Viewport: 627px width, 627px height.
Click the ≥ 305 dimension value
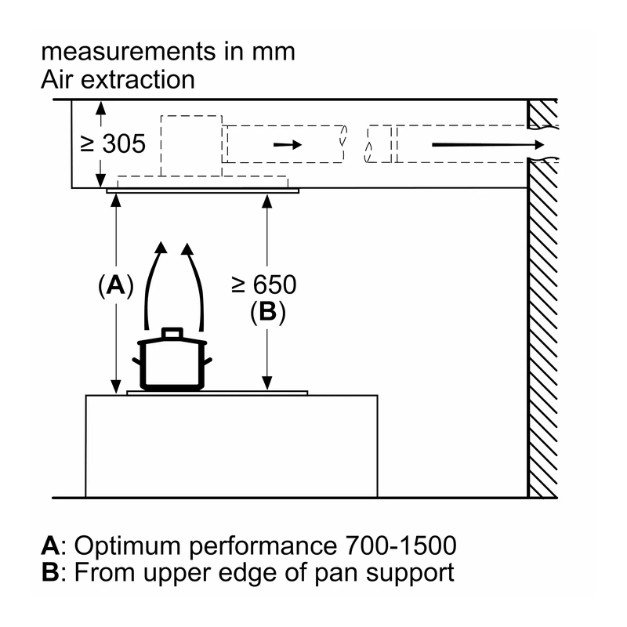tap(113, 143)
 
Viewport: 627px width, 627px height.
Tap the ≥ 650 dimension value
tap(264, 285)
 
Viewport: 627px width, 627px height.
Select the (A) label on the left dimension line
tap(115, 286)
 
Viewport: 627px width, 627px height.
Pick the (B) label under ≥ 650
tap(267, 312)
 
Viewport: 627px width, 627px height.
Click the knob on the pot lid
tap(172, 334)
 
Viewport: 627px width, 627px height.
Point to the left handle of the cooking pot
tap(136, 361)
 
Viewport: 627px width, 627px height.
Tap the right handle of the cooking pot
tap(207, 361)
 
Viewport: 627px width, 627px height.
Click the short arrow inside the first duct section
tap(288, 144)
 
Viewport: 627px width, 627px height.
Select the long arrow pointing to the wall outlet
tap(488, 144)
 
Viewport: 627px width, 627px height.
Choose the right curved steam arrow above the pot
tap(197, 280)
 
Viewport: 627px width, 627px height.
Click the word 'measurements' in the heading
tap(129, 52)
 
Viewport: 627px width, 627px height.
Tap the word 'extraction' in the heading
tap(138, 80)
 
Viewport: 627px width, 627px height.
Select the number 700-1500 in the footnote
tap(400, 545)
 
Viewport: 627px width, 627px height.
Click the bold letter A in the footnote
tap(50, 545)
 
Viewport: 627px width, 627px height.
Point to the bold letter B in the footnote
tap(50, 572)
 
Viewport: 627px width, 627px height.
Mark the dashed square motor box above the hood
tap(191, 146)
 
